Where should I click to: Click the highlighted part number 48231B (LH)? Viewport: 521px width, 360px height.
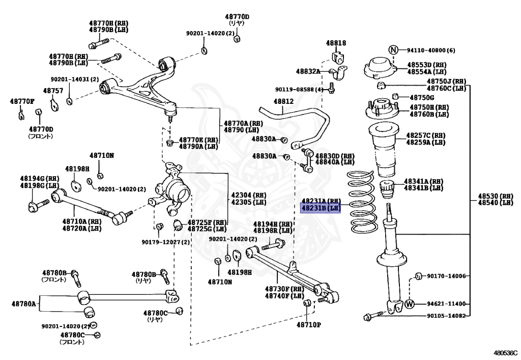(321, 208)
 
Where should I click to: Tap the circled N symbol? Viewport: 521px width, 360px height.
(393, 50)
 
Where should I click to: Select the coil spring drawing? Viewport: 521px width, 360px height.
(362, 203)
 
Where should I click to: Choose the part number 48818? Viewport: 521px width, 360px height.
(336, 43)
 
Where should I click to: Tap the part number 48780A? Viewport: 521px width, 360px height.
(24, 304)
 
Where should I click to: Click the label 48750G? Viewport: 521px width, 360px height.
(422, 97)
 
